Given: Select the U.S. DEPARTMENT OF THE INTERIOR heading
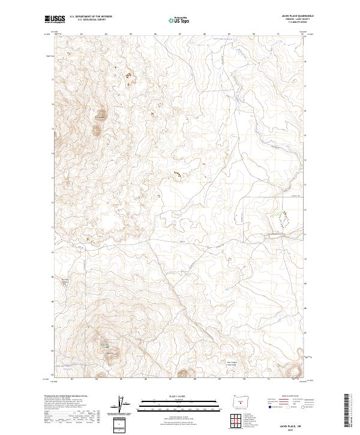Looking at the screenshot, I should pos(90,17).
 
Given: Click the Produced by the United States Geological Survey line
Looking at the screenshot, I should pos(66,396).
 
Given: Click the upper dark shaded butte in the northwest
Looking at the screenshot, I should pos(100,113).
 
